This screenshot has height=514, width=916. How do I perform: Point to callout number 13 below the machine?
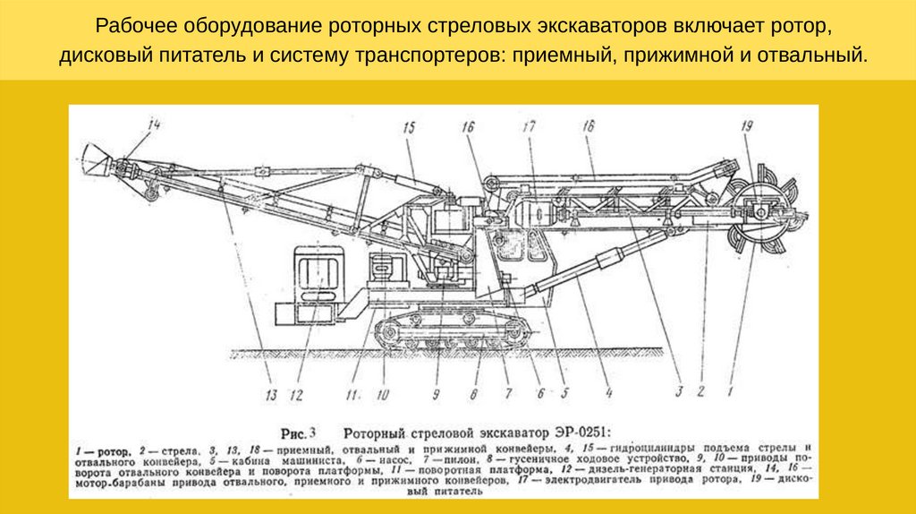click(x=271, y=393)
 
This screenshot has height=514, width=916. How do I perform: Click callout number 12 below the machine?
click(x=297, y=393)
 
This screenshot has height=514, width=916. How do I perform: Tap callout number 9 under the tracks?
click(x=437, y=391)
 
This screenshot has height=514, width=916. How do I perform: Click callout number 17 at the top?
click(x=529, y=127)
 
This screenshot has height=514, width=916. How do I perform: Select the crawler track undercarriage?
click(x=452, y=332)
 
